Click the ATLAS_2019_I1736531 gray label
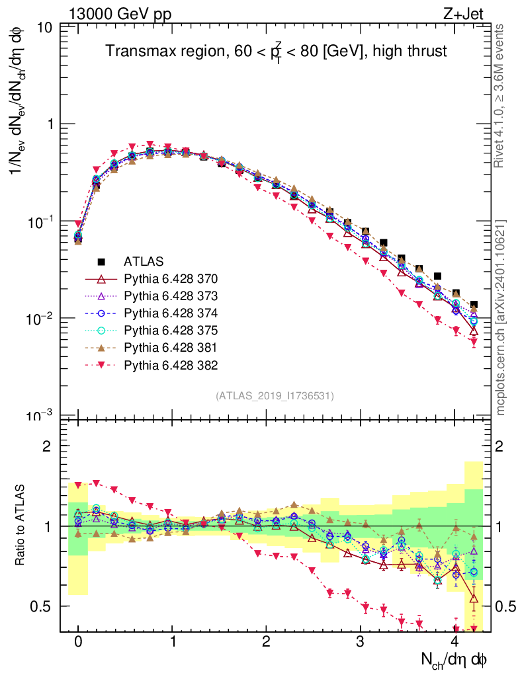coord(275,396)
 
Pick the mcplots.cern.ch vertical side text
coord(501,318)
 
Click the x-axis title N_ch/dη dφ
coord(455,659)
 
